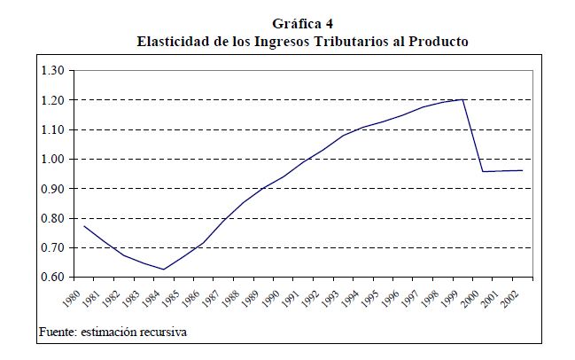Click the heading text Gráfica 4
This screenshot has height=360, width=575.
tap(301, 24)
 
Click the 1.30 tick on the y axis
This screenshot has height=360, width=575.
tap(53, 70)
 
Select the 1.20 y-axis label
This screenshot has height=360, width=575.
tap(53, 100)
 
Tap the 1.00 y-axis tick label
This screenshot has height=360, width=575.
tap(53, 159)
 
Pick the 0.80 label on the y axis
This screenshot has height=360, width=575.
tap(53, 218)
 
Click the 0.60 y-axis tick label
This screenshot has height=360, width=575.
tap(53, 277)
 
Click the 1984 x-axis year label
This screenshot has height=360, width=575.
tap(148, 295)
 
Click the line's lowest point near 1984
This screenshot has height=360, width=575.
tap(164, 270)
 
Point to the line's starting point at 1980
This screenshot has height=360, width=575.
tap(83, 225)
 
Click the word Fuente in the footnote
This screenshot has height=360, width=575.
tap(58, 333)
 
